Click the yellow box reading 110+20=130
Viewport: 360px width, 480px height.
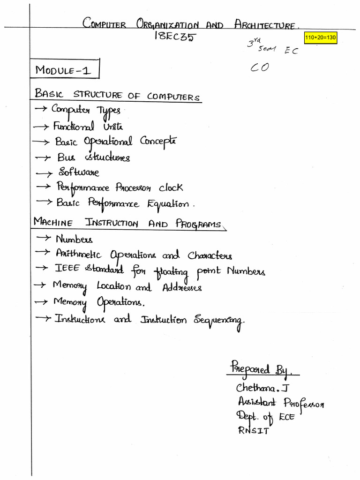tap(321, 37)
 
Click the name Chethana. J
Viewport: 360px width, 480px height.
tap(264, 388)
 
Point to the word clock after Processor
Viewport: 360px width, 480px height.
tap(170, 187)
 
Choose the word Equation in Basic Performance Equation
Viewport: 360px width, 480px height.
tap(168, 204)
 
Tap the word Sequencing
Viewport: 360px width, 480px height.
tap(219, 321)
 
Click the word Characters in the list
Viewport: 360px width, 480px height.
tap(210, 256)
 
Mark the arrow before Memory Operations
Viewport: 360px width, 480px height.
tap(41, 303)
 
